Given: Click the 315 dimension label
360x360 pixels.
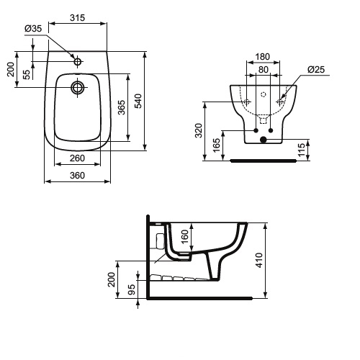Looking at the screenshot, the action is (78, 18).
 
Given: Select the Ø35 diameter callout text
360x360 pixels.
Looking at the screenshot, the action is (33, 29).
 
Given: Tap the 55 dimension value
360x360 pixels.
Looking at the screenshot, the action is (27, 75).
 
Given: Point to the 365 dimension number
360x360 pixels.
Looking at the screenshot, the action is (122, 107).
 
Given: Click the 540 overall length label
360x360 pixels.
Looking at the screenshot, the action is (138, 101).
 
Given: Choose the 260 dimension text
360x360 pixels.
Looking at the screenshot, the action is (77, 158).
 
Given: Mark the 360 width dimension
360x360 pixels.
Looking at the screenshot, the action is (77, 176).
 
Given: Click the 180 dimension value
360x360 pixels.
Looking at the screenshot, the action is (263, 57).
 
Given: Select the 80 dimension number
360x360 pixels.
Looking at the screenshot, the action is (264, 70).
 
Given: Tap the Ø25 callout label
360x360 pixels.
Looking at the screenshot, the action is (316, 70).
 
